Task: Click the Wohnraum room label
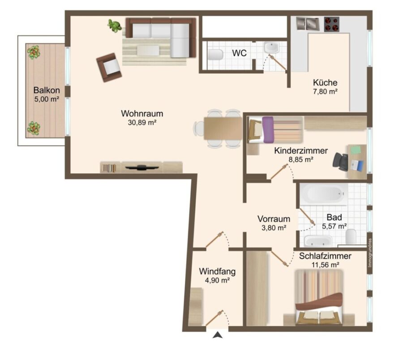point(142,113)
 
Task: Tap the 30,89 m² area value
point(142,123)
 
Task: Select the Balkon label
point(47,90)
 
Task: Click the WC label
point(239,53)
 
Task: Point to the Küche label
point(325,82)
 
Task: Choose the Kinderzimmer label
point(301,150)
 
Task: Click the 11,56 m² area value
point(326,265)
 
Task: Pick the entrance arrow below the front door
point(218,334)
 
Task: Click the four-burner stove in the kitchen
point(331,24)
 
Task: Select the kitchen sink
point(307,24)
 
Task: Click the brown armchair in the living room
point(109,67)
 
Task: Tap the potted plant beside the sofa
point(115,26)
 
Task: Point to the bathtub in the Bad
point(324,194)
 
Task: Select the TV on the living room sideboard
point(141,167)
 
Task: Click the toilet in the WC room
point(215,55)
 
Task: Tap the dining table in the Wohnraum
point(223,129)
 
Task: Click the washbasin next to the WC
point(272,48)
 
